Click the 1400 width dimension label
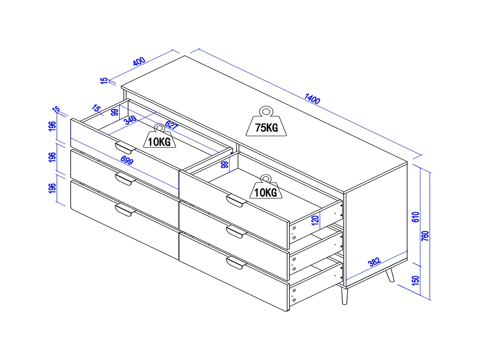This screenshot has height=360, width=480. click(x=312, y=99)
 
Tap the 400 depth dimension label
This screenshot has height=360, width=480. click(x=139, y=61)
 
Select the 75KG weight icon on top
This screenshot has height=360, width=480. click(x=266, y=121)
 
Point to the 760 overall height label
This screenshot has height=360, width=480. click(x=425, y=236)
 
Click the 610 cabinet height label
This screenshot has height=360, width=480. click(x=415, y=217)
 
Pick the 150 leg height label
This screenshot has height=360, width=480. click(x=415, y=281)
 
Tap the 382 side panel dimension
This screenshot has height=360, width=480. click(x=374, y=262)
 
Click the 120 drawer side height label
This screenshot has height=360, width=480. click(x=315, y=220)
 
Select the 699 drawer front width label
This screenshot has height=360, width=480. click(x=127, y=160)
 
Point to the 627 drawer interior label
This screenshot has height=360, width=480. click(x=172, y=125)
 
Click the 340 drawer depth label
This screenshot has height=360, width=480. click(x=130, y=120)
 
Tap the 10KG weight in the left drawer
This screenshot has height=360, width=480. click(x=159, y=136)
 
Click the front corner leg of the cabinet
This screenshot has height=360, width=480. click(x=344, y=296)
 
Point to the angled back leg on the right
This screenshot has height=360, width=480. click(x=390, y=275)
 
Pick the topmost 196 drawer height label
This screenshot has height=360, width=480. click(x=52, y=126)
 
